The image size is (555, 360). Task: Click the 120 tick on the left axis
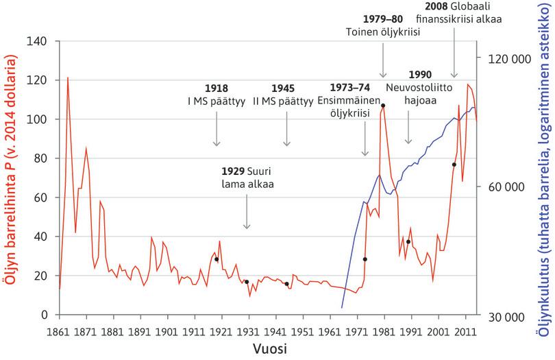click(40, 80)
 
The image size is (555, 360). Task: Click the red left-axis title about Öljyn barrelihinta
click(11, 178)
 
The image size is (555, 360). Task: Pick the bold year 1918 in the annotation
click(217, 88)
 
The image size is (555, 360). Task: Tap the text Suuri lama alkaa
click(247, 178)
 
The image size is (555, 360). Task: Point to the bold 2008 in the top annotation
click(437, 6)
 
